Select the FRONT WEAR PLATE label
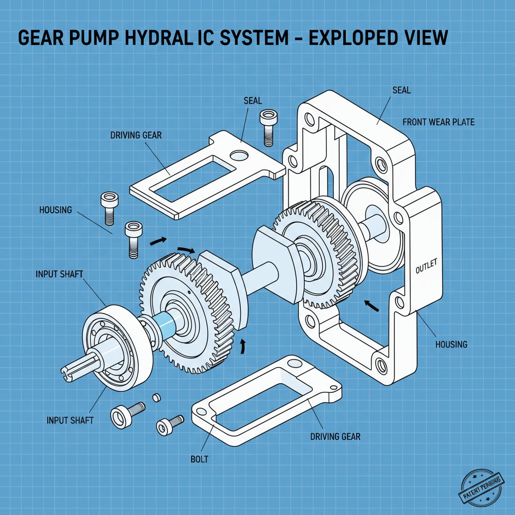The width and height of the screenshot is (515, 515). point(439,122)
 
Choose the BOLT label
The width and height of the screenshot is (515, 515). point(200,459)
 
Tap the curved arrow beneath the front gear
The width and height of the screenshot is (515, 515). point(243,346)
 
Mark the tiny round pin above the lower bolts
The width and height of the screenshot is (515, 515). point(156,398)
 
